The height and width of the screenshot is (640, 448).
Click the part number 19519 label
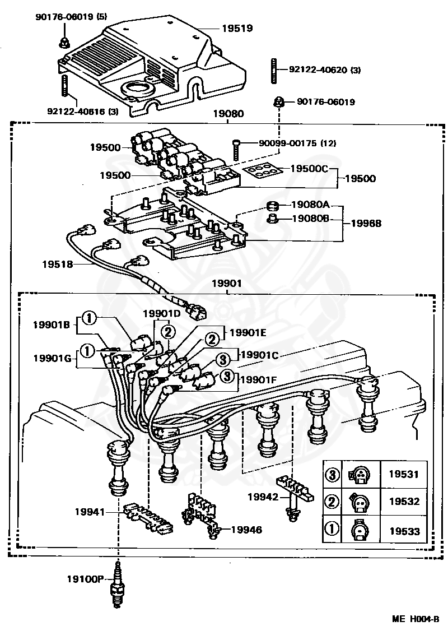coord(237,27)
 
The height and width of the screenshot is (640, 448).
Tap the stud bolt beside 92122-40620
coord(275,70)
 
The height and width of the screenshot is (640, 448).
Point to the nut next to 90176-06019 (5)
coord(63,41)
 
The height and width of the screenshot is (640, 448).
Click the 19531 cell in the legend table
coord(404,475)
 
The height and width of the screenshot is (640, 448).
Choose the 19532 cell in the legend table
coord(404,502)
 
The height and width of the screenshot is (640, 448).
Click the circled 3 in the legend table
coord(332,475)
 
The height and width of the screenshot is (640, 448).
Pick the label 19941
coord(90,511)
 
